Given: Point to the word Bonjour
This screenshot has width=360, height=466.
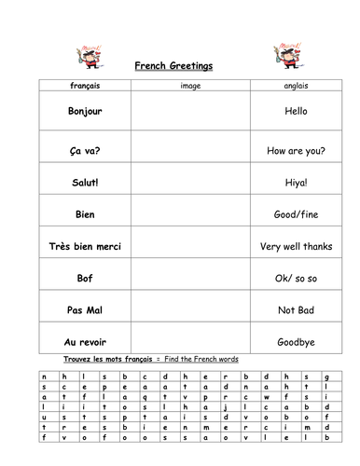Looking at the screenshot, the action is coord(85,111).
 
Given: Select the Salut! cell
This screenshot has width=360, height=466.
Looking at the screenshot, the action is coord(85,181).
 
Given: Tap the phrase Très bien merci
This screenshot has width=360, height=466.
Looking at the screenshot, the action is coord(85,247).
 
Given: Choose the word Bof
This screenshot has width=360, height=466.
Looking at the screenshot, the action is coord(85,278).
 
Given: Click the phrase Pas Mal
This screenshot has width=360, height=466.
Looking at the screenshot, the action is coord(85,309).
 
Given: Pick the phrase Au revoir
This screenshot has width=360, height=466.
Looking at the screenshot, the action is coord(85,341).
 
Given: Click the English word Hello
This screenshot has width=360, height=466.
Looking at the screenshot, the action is coord(298,111).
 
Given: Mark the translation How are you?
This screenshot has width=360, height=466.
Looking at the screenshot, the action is coord(298,146).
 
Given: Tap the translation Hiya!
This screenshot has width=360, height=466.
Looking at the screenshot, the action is coord(298,182).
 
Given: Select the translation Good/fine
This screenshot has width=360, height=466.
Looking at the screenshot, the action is coord(298,214).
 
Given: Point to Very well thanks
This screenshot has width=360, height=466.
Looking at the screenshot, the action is coord(298,247).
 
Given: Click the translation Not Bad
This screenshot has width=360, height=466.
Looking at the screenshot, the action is coord(298,309).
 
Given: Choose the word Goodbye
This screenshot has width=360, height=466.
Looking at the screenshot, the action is coord(298,341).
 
